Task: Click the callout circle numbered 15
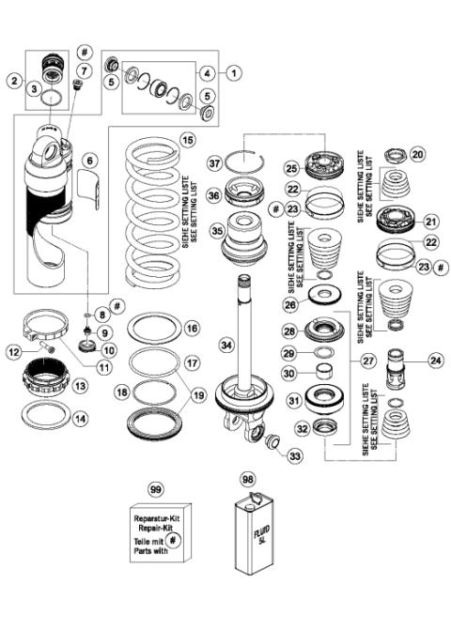(x=188, y=139)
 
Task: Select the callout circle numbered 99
(x=156, y=488)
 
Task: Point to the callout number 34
(x=226, y=345)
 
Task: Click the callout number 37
(x=217, y=163)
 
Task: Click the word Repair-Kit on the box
(x=155, y=529)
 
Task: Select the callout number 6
(x=89, y=161)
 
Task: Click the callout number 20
(x=418, y=153)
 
